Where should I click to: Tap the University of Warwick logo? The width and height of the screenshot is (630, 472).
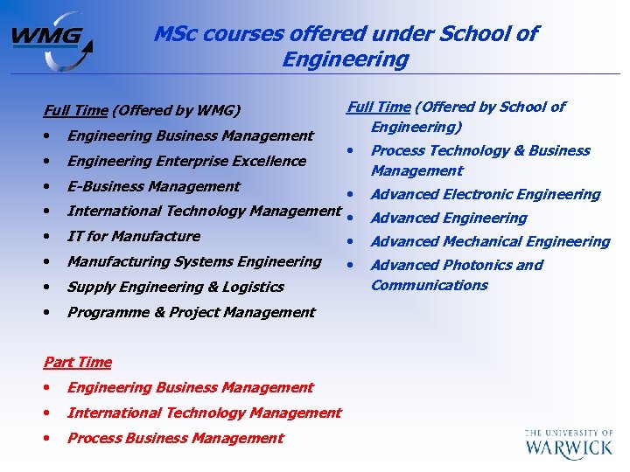[x=569, y=444]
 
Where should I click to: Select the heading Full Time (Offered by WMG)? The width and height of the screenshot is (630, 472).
[x=141, y=111]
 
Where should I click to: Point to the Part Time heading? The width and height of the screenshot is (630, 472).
[x=78, y=362]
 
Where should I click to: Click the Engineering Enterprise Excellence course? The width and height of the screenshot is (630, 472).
[x=186, y=161]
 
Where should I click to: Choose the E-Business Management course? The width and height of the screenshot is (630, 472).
[x=153, y=186]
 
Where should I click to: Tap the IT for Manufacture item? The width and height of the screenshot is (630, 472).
[x=133, y=236]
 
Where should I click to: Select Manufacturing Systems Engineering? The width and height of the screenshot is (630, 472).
[x=194, y=261]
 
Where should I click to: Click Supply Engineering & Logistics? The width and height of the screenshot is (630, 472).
[x=175, y=287]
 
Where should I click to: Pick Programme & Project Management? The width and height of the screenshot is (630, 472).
[x=191, y=312]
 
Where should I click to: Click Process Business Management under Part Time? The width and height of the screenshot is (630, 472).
[x=175, y=438]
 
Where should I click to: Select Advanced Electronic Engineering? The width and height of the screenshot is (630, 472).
[x=486, y=194]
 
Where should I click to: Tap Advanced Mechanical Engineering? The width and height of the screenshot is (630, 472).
[x=490, y=241]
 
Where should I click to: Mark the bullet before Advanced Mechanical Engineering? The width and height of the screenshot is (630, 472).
[x=350, y=241]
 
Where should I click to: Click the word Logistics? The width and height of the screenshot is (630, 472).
[x=252, y=287]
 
